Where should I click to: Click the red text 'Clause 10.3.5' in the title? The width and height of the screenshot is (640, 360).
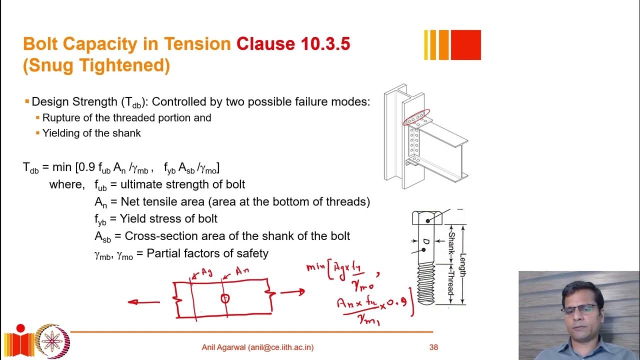293,44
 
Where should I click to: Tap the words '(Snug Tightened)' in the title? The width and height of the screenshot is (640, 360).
96,65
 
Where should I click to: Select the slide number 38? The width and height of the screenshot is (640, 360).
433,347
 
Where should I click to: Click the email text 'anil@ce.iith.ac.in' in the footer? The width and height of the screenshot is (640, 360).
279,347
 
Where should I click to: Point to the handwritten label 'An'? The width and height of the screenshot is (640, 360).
242,271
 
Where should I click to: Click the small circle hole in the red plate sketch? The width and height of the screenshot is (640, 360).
225,298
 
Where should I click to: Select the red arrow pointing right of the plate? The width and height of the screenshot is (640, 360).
292,291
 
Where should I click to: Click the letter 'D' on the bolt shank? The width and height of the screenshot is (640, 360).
426,243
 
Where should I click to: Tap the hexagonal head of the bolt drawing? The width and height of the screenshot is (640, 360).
426,217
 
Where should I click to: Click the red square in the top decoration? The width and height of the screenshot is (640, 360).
465,45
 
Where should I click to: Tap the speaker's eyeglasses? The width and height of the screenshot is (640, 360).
579,308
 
